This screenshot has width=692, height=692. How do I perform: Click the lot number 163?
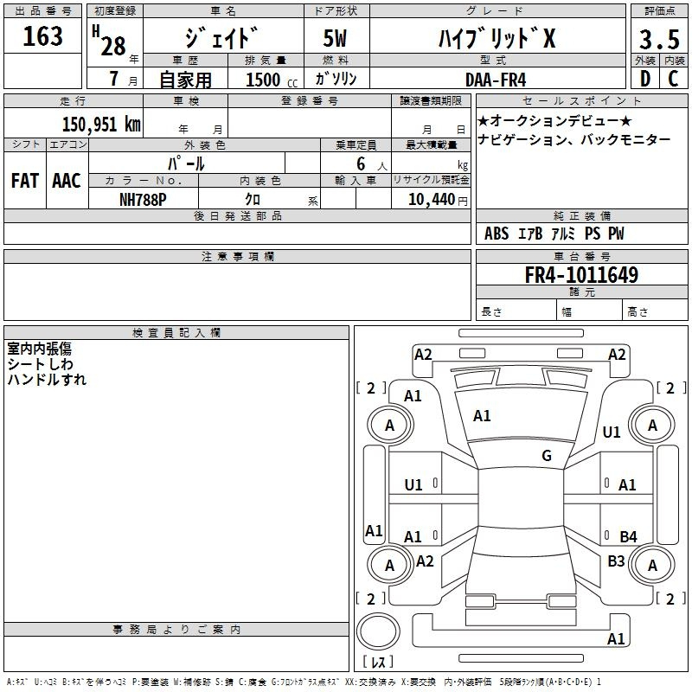[x=42, y=35]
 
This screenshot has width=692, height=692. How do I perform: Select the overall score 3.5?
[x=659, y=39]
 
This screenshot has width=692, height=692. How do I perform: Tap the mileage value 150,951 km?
[x=101, y=124]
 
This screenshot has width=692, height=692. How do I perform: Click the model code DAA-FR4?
[x=496, y=80]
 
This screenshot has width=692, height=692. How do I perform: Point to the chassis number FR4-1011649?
[x=581, y=274]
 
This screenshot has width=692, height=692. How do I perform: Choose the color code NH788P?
[x=143, y=200]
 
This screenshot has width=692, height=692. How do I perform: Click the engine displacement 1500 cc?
[x=272, y=80]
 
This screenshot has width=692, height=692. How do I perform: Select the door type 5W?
[x=335, y=38]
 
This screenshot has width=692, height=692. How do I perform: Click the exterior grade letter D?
[x=645, y=79]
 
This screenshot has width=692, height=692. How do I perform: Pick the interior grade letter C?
[x=673, y=79]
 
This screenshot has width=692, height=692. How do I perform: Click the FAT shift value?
[x=25, y=181]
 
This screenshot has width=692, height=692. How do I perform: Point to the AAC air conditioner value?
[x=67, y=181]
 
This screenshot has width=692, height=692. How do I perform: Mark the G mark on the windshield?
[x=547, y=455]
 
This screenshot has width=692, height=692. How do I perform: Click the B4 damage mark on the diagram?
[x=628, y=536]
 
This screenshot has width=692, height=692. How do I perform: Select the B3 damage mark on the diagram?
[x=616, y=561]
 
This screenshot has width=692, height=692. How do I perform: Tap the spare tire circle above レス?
[x=378, y=631]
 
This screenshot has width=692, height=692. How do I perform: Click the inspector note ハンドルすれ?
[x=47, y=380]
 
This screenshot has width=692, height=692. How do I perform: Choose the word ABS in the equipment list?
[x=497, y=234]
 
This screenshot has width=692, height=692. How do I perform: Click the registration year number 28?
[x=113, y=46]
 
